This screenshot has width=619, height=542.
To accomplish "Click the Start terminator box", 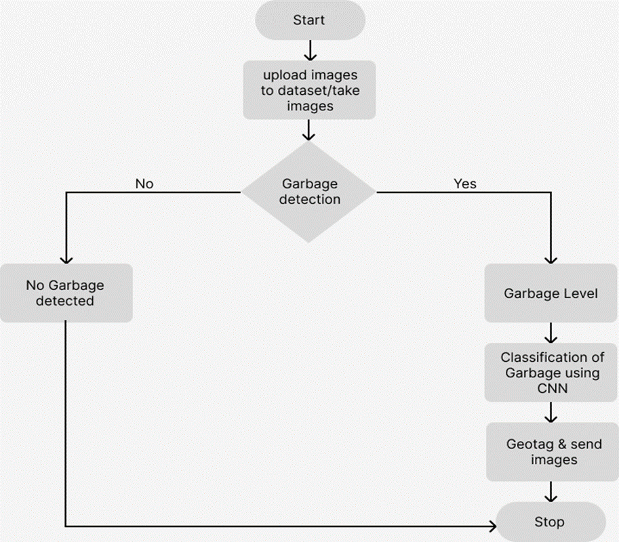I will (x=309, y=20).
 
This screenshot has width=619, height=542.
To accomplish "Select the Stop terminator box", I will (x=550, y=522).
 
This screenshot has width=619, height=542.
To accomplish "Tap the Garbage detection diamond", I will (x=309, y=192).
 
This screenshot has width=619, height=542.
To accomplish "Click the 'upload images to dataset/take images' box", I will (x=309, y=90).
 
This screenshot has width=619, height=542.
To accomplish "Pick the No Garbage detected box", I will (x=65, y=293).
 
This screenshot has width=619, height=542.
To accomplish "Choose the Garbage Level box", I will (x=551, y=293).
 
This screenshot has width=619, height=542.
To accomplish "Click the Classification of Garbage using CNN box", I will (x=551, y=373).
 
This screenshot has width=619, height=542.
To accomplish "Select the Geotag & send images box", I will (x=551, y=452).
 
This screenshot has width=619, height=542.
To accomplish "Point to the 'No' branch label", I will (x=144, y=184).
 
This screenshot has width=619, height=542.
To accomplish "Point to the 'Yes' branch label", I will (x=464, y=184).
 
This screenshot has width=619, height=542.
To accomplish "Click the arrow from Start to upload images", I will (x=309, y=50).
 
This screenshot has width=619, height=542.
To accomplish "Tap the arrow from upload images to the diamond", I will (x=309, y=130).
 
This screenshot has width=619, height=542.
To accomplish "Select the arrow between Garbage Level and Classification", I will (x=551, y=333).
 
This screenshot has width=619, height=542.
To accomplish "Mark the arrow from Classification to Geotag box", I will (x=551, y=412).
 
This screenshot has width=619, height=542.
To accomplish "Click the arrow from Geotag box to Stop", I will (x=551, y=491).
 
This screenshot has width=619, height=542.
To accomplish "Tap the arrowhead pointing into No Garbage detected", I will (x=66, y=258).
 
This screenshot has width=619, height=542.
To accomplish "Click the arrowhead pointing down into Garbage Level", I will (x=551, y=258).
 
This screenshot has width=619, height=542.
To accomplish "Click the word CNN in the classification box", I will (x=551, y=388).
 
